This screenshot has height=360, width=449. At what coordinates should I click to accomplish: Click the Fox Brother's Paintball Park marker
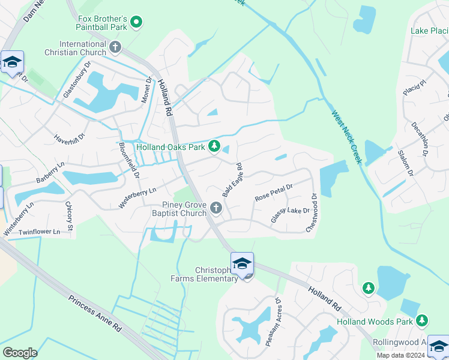pos(136,23)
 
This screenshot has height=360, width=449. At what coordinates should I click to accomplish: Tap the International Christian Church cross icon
pos(116,46)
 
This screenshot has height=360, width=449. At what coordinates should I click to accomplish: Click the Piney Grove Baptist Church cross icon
pos(216,209)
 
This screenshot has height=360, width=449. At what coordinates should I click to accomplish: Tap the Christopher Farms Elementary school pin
pos(243,264)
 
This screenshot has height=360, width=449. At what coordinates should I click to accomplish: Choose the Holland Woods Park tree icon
pos(422,322)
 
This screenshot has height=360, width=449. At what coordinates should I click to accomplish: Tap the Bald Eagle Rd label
pos(232,180)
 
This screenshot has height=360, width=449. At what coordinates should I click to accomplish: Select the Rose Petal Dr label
pos(273,193)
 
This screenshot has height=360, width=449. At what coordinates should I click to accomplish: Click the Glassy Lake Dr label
pos(289,215)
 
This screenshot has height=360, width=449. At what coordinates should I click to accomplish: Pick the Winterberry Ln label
pos(137,197)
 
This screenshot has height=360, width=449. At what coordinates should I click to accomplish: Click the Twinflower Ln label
pos(40,232)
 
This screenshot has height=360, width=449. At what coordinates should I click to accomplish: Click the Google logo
pos(20,352)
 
